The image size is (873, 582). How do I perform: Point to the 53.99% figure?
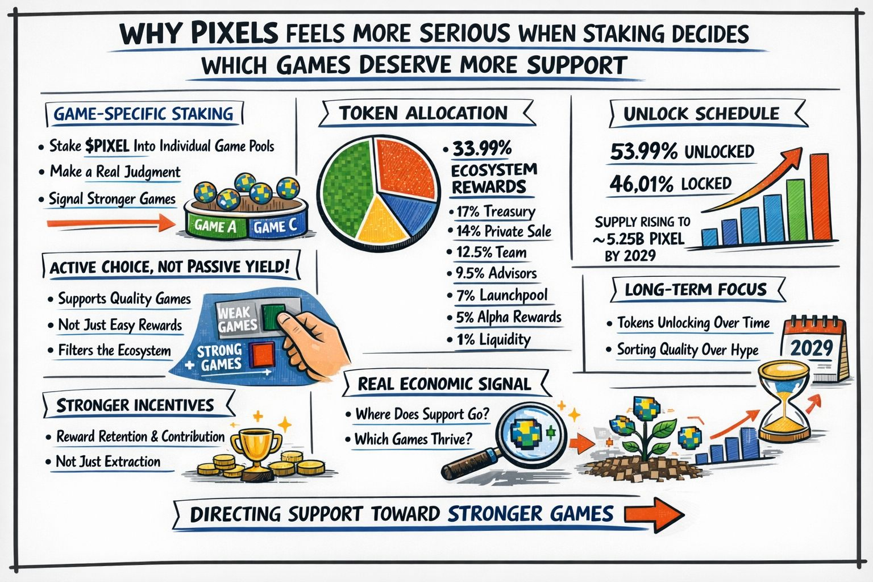(x=643, y=152)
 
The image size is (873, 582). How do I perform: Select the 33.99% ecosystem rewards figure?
(x=482, y=149)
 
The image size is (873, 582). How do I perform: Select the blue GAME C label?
(x=276, y=227)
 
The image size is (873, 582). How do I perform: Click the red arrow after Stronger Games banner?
(x=654, y=514)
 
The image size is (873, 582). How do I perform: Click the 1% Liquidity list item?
(x=493, y=340)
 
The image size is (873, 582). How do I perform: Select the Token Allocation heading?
(x=423, y=113)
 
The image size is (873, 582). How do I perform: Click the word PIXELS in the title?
(x=234, y=35)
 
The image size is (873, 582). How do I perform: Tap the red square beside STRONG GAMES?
(x=263, y=355)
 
